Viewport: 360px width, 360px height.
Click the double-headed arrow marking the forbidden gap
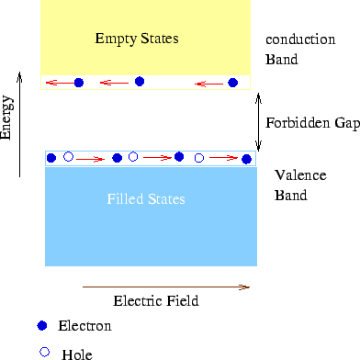[260, 122]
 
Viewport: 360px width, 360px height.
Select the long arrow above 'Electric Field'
[165, 287]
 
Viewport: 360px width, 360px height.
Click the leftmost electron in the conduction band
[79, 83]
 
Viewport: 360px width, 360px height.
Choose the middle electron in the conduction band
[140, 81]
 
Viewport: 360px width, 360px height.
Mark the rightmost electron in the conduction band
[232, 83]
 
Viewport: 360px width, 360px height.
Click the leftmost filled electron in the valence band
[51, 158]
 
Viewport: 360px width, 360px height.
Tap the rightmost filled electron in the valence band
[246, 159]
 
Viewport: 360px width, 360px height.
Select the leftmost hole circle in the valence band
[68, 157]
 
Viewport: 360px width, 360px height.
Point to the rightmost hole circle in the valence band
[199, 158]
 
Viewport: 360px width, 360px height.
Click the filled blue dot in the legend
[41, 326]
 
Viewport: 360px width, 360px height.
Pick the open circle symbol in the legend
[42, 352]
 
